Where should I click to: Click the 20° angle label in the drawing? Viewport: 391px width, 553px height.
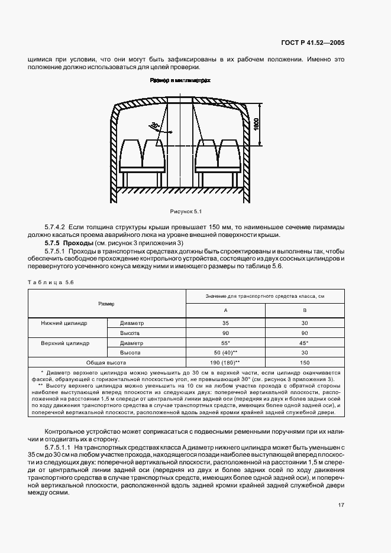pyautogui.click(x=154, y=126)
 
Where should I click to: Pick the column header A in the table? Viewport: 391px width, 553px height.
pyautogui.click(x=225, y=310)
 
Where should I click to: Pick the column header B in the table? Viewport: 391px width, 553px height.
pyautogui.click(x=304, y=310)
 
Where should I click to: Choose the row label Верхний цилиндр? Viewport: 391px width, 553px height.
pyautogui.click(x=64, y=343)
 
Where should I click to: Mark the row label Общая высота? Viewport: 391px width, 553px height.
pyautogui.click(x=108, y=362)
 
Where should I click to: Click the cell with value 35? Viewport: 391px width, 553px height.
pyautogui.click(x=225, y=323)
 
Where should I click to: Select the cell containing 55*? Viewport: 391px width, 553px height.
pyautogui.click(x=225, y=343)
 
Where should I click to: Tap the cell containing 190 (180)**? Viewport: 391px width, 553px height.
pyautogui.click(x=225, y=362)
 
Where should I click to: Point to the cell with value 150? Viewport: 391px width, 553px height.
pyautogui.click(x=304, y=362)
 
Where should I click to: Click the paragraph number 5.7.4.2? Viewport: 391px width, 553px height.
pyautogui.click(x=57, y=226)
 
